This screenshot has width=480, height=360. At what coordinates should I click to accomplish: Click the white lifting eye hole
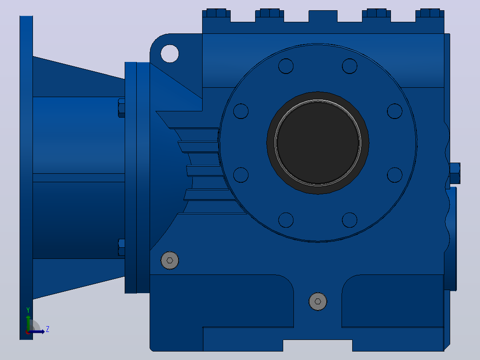click(x=170, y=53)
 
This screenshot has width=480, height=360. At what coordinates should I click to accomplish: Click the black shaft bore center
click(x=318, y=143)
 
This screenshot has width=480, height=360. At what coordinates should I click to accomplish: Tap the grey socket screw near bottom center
click(x=318, y=302)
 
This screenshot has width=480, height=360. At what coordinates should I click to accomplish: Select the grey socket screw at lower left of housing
click(x=170, y=261)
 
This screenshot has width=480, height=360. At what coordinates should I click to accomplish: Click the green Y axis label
click(x=28, y=310)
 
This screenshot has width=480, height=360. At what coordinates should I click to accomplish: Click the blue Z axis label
click(x=48, y=329)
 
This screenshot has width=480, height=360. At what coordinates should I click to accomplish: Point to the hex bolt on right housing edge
click(x=455, y=173)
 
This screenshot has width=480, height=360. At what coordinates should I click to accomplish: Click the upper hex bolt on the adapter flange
click(x=122, y=108)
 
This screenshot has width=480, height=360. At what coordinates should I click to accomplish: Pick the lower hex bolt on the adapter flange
click(x=122, y=247)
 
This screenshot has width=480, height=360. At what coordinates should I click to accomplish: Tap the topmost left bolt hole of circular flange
click(x=286, y=66)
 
